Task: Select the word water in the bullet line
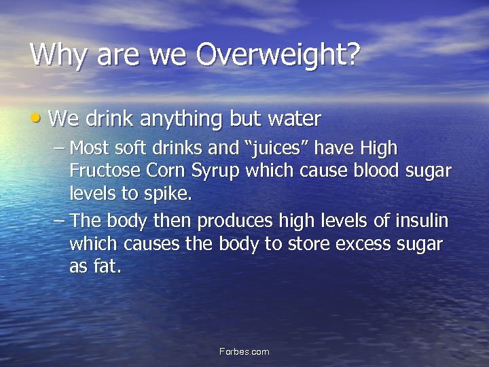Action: click(293, 120)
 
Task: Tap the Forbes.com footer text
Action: click(244, 351)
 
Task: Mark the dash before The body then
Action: click(59, 221)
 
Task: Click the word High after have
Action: click(379, 148)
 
